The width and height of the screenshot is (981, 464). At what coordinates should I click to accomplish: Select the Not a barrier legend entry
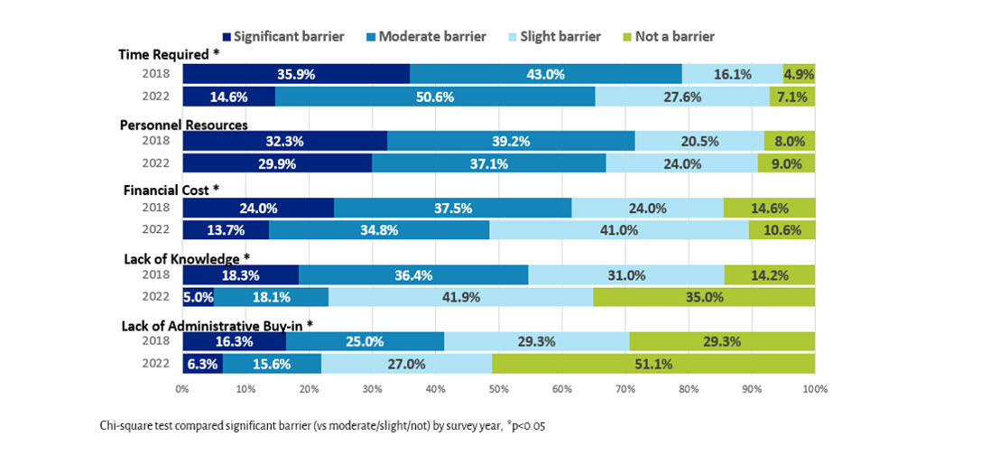coord(672,37)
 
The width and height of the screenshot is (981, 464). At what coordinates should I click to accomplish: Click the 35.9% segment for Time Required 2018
coord(296,75)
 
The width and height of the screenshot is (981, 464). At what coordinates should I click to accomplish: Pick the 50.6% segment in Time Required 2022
coord(435,97)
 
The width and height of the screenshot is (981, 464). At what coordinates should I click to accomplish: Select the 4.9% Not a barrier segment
coord(800,75)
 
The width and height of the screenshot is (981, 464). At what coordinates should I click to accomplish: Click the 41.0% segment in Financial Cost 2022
coord(619,230)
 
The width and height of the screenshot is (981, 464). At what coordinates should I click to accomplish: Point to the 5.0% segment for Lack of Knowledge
coord(199,297)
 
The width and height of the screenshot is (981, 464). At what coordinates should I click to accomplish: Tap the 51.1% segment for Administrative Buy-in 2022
coord(653,363)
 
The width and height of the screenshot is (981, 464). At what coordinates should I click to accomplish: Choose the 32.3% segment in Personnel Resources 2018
coord(285,141)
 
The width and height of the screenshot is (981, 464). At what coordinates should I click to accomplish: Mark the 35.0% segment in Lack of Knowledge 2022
coord(704,297)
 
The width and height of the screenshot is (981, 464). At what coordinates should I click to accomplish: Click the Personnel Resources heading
coord(184,125)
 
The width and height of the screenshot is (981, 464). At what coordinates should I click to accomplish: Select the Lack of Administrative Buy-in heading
coord(217,323)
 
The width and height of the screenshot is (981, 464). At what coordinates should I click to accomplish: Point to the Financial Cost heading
coord(171,190)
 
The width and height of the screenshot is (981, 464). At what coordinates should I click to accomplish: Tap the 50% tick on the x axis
coord(498,389)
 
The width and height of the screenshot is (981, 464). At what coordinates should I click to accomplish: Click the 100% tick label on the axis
coord(813,389)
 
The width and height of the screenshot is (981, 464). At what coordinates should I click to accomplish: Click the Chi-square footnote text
coord(322,425)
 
